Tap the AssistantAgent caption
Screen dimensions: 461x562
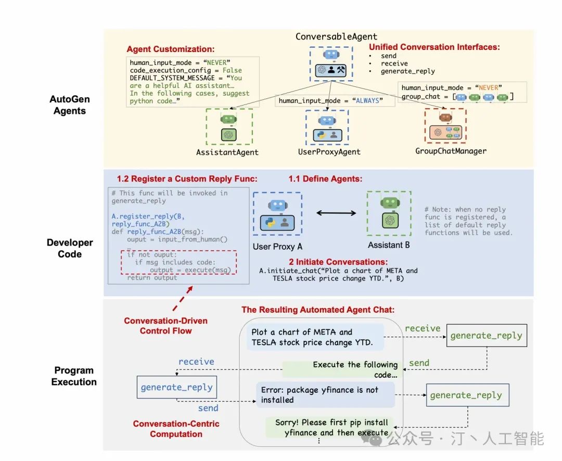coord(227,152)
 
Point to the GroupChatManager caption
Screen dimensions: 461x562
coord(451,151)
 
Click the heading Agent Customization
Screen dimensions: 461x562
coord(170,49)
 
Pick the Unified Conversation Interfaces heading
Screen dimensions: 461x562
coord(434,47)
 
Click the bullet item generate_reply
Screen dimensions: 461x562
coord(408,71)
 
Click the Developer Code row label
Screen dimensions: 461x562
coord(70,248)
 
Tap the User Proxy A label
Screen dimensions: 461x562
coord(277,246)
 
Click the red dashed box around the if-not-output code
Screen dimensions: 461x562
coord(178,263)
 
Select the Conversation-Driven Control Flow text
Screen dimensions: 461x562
coord(165,326)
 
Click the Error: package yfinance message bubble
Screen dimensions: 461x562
coord(325,395)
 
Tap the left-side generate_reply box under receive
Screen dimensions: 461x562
coord(176,387)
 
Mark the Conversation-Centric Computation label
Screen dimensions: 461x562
coord(176,429)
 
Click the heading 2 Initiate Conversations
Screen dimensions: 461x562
coord(338,262)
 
